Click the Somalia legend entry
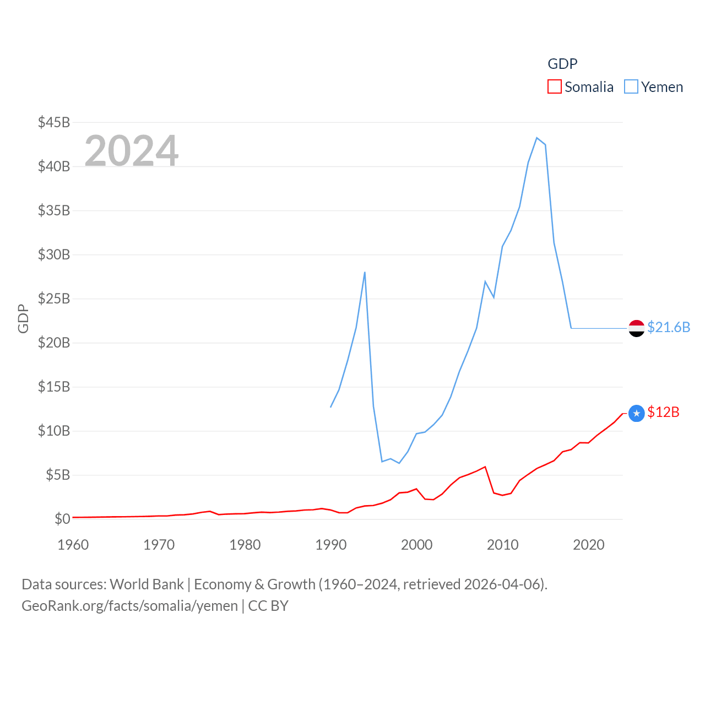coord(581,87)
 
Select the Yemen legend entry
coord(654,87)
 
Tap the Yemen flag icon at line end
coord(636,328)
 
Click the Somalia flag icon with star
coord(636,413)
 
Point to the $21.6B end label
coord(669,327)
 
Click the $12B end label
coord(663,412)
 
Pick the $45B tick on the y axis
coord(54,122)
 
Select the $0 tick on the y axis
coord(62,519)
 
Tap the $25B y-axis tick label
coord(54,299)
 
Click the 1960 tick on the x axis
coord(73,545)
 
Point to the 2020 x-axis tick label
coord(588,545)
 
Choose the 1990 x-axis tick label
coord(330,545)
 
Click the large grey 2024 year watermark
coord(131,151)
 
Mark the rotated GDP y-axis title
coord(23,318)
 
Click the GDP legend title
coord(562,64)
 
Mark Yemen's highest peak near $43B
coord(537,138)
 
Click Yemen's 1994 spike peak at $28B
coord(365,272)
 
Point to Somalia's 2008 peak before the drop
coord(485,467)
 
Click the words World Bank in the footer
coord(147,584)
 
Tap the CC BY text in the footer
coord(268,606)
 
